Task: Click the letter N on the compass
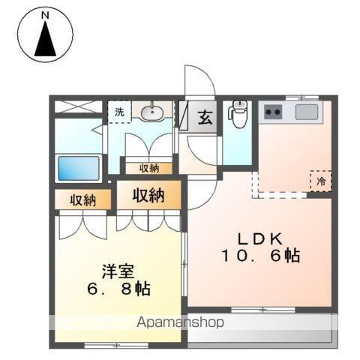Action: click(x=45, y=16)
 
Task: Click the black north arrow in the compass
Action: click(x=45, y=39)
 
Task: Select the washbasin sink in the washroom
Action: click(x=152, y=112)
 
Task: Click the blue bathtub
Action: click(x=79, y=168)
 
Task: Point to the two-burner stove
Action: click(x=273, y=112)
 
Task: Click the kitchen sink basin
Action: click(x=307, y=112)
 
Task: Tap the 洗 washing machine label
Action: click(x=119, y=112)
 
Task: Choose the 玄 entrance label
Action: click(x=205, y=117)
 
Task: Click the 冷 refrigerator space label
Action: click(x=321, y=181)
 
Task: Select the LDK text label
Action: click(x=260, y=239)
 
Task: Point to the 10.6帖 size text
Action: click(x=261, y=256)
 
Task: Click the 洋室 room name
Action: click(x=118, y=271)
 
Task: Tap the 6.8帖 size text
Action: click(x=118, y=289)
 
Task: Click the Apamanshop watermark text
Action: click(x=180, y=322)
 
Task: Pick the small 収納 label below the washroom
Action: click(x=149, y=168)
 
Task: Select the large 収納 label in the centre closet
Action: click(x=148, y=196)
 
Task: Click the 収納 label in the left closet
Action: click(x=82, y=200)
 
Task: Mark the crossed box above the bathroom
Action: click(x=79, y=106)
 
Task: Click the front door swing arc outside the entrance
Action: click(x=207, y=74)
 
